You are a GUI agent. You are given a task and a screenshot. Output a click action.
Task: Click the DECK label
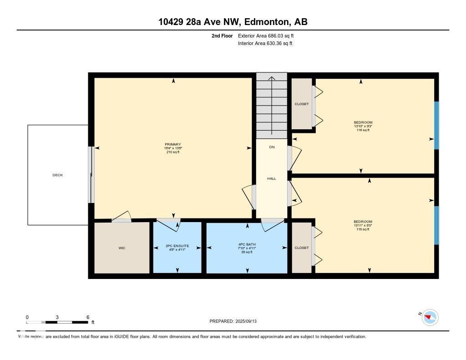click(x=57, y=175)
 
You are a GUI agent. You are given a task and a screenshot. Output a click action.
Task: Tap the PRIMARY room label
click(x=172, y=144)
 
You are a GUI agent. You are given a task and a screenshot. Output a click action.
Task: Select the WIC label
click(x=122, y=248)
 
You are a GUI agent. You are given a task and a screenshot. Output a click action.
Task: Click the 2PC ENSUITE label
click(x=177, y=246)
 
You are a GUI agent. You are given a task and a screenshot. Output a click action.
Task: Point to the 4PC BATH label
click(x=247, y=244)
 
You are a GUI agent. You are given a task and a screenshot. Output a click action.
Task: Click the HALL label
click(x=271, y=178)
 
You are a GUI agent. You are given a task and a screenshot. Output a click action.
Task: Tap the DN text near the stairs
click(x=272, y=147)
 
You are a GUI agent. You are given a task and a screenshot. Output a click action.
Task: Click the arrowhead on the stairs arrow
click(x=272, y=79)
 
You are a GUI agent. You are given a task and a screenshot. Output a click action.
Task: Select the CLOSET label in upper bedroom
click(x=301, y=104)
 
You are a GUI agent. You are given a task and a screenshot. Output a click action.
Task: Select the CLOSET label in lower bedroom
click(x=301, y=248)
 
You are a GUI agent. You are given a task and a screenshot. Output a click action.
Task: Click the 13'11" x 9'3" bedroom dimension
click(x=363, y=225)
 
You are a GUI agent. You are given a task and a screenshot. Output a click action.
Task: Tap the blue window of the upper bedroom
click(x=436, y=125)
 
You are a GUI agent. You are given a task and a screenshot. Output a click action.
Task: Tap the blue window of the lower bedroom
click(x=436, y=225)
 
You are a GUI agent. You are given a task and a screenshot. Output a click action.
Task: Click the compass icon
click(x=430, y=317)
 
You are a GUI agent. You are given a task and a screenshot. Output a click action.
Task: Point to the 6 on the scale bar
click(x=87, y=317)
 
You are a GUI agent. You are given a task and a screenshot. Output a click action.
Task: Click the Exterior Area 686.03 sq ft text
click(x=265, y=35)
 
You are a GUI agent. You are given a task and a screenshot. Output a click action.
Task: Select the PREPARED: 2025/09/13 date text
click(x=236, y=321)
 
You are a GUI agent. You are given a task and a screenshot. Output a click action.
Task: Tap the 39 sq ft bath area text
click(x=247, y=252)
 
